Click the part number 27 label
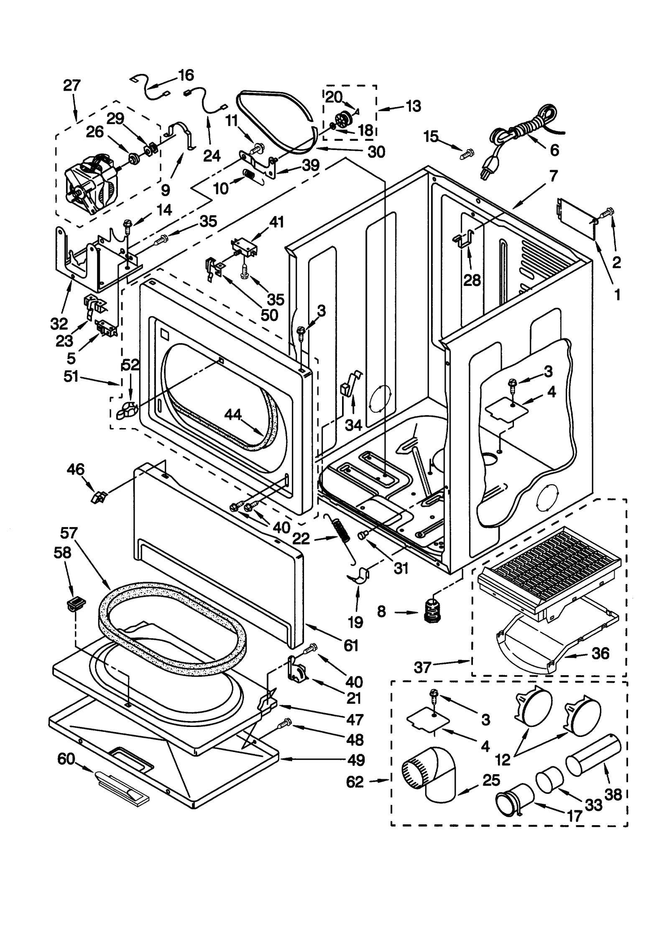(x=72, y=85)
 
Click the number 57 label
(x=69, y=533)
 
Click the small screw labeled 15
(x=467, y=153)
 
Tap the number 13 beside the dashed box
(x=413, y=106)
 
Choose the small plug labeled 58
(x=75, y=603)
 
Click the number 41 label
(x=276, y=221)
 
